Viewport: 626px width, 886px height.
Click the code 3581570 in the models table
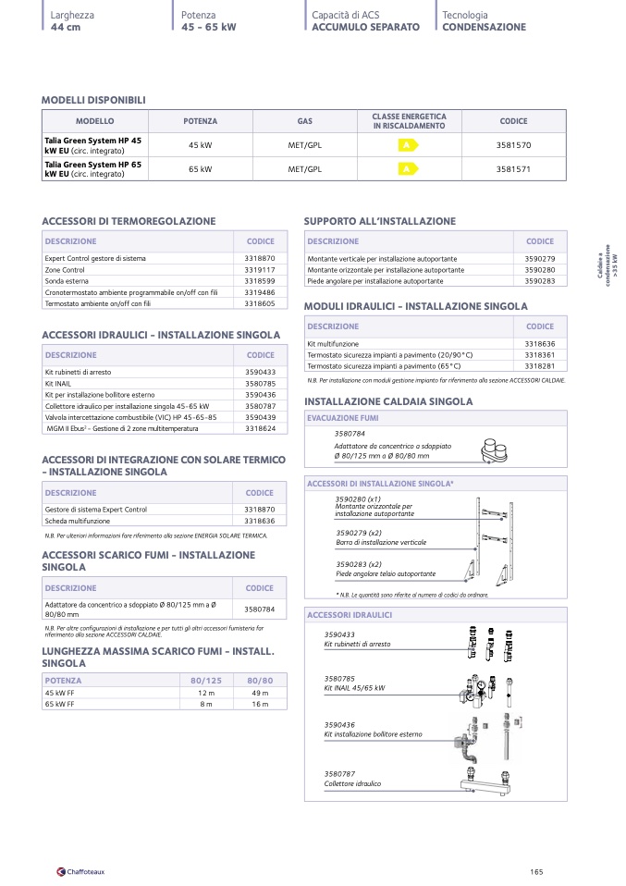[513, 145]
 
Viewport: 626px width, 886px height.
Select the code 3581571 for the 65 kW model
[513, 169]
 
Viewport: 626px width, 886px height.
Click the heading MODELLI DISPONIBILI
[93, 100]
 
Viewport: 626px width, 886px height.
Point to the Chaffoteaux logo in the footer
[81, 870]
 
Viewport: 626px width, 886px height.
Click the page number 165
[536, 870]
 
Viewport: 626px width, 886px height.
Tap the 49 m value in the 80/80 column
[260, 693]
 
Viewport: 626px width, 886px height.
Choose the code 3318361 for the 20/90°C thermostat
[539, 354]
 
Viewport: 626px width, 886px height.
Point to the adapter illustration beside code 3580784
[500, 451]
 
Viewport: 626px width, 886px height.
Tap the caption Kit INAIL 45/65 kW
[354, 688]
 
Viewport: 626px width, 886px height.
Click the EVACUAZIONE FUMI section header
[342, 418]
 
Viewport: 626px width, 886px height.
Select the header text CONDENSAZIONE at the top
[484, 28]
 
